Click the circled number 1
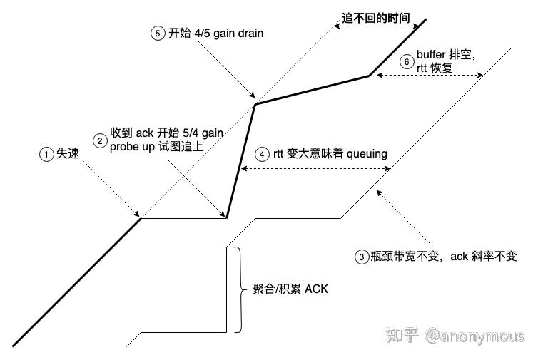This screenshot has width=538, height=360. [46, 154]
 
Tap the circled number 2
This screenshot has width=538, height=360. [100, 140]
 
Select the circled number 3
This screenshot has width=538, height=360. [362, 257]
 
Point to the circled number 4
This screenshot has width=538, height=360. [262, 154]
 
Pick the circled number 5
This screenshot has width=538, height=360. [158, 34]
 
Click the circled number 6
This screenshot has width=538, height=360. [407, 62]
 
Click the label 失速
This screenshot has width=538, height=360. [68, 153]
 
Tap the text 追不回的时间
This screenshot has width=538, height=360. [376, 18]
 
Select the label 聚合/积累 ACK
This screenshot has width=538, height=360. [290, 289]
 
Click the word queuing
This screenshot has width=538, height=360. [367, 154]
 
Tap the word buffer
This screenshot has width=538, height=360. [431, 54]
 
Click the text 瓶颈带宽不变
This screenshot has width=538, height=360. [404, 256]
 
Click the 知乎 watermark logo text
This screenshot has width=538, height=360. [402, 335]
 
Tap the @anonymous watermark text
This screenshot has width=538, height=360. [475, 336]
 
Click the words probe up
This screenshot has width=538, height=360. [133, 147]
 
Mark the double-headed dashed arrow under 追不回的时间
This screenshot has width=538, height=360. [377, 26]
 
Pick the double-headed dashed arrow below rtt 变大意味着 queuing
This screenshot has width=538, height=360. [315, 168]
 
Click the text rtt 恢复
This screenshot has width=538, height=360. [435, 68]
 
